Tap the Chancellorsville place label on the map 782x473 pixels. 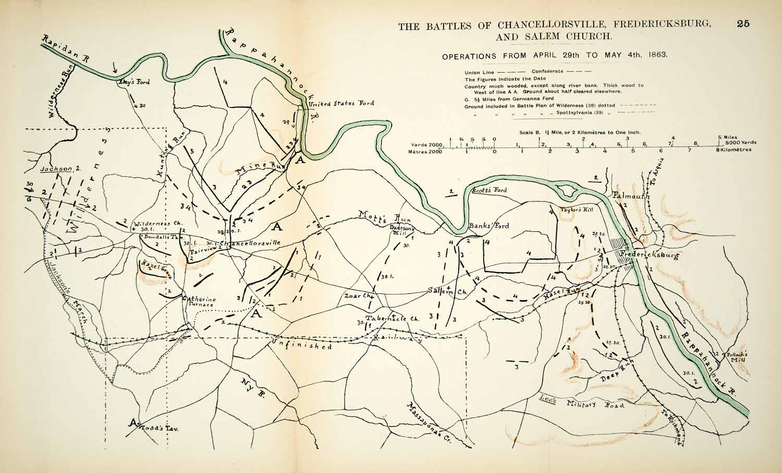click(251, 243)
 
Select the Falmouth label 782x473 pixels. click(631, 197)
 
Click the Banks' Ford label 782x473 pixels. click(488, 226)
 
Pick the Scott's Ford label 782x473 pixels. click(489, 191)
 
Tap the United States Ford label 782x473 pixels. click(341, 103)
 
